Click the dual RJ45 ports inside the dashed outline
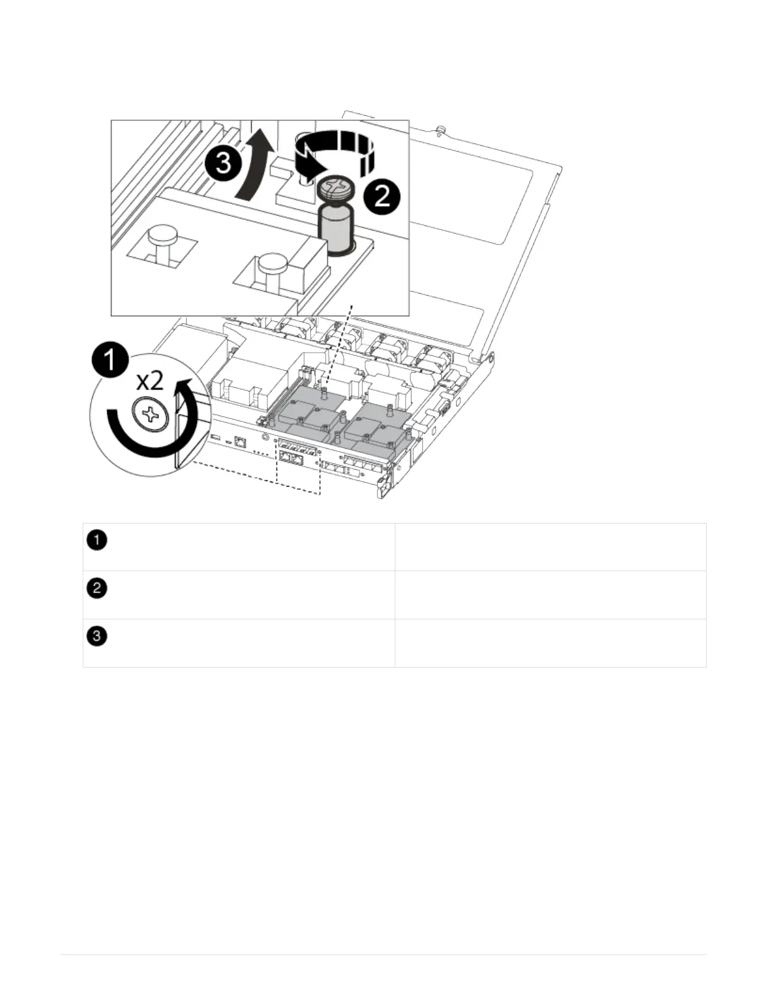tap(293, 458)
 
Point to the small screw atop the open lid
tap(441, 130)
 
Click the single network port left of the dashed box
tap(239, 442)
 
